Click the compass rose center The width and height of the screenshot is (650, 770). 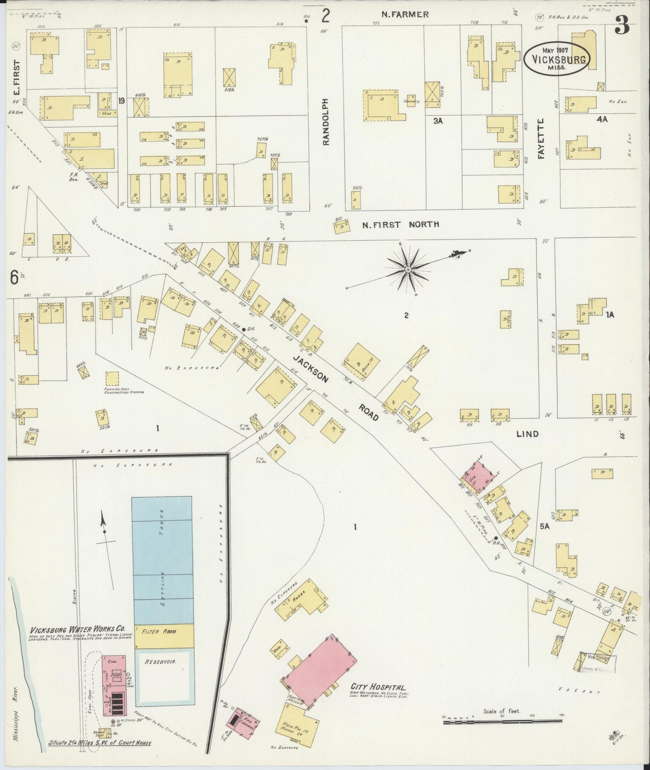coord(408,269)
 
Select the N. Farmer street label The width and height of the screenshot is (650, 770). coord(404,14)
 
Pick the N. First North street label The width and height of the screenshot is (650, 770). coord(401,224)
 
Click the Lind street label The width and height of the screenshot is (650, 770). coord(527,434)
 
